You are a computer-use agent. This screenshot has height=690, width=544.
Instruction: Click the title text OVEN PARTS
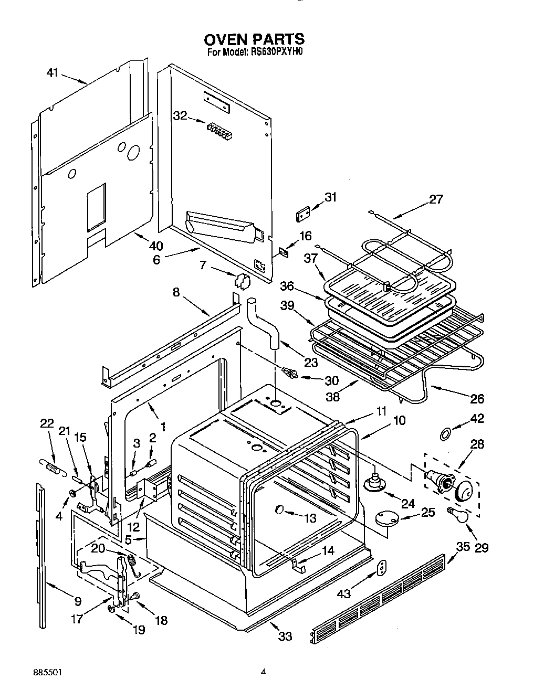[254, 39]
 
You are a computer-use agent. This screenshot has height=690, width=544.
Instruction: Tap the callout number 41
[52, 73]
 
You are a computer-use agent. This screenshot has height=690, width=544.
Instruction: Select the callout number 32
[180, 116]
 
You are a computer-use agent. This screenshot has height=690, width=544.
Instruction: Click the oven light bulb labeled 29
[458, 516]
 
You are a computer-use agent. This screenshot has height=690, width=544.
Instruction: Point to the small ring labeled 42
[445, 433]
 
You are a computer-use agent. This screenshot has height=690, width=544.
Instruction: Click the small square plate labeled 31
[304, 216]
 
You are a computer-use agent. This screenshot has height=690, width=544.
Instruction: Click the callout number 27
[436, 199]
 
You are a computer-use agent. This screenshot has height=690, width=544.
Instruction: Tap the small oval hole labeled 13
[279, 509]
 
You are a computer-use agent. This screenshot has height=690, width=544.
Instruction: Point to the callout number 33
[285, 636]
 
